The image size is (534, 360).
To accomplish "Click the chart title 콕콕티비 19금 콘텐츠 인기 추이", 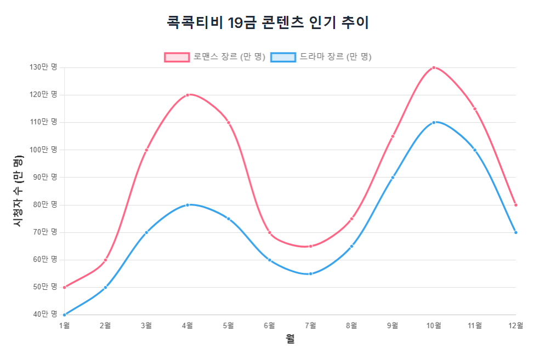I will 268,22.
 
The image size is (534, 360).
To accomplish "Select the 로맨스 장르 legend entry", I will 215,57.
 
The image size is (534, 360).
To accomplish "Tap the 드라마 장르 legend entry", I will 322,57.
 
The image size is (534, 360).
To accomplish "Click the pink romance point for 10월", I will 434,67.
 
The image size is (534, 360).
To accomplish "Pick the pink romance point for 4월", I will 188,95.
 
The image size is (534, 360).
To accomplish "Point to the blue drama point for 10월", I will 434,122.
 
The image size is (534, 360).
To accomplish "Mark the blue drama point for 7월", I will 310,273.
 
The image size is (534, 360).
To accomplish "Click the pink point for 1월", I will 65,287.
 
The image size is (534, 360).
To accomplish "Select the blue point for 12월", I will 516,232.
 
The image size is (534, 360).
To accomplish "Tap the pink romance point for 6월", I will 270,232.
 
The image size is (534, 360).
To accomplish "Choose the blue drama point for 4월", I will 188,205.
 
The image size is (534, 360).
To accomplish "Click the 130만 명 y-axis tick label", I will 44,67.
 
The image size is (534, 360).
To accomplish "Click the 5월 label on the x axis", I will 229,325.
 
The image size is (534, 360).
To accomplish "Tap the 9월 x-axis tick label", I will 393,325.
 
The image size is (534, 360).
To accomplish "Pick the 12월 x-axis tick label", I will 515,325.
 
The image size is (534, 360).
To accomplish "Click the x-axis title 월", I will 290,340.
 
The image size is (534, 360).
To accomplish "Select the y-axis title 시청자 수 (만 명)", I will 18,191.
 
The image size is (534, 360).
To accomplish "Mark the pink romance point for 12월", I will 516,205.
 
